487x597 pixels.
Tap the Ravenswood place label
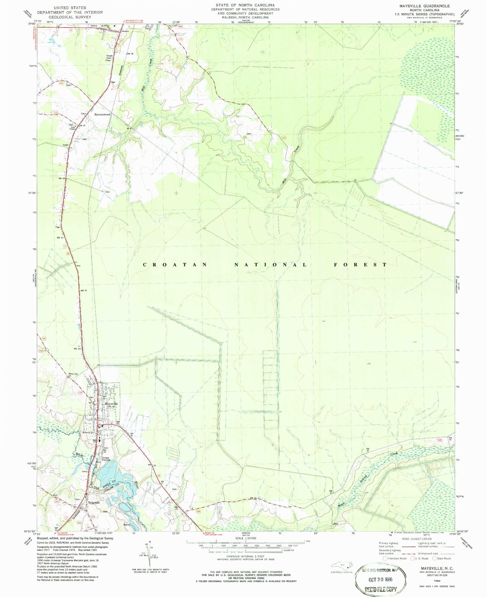click(x=102, y=115)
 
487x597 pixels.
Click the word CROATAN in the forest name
click(x=175, y=265)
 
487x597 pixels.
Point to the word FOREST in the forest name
click(x=360, y=265)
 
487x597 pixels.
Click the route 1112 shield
click(x=61, y=83)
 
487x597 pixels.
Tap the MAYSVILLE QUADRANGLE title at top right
click(x=422, y=6)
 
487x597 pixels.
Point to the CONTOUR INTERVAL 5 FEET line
click(x=245, y=556)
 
